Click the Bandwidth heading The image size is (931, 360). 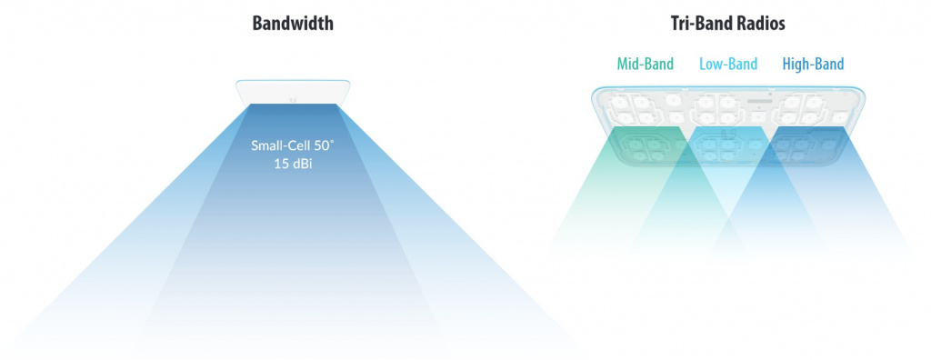(293, 23)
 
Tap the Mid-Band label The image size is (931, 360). (645, 64)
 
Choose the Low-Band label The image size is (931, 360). (728, 64)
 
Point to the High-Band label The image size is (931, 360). (813, 64)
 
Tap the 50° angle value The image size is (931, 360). (323, 145)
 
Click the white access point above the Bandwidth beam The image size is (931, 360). (293, 92)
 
